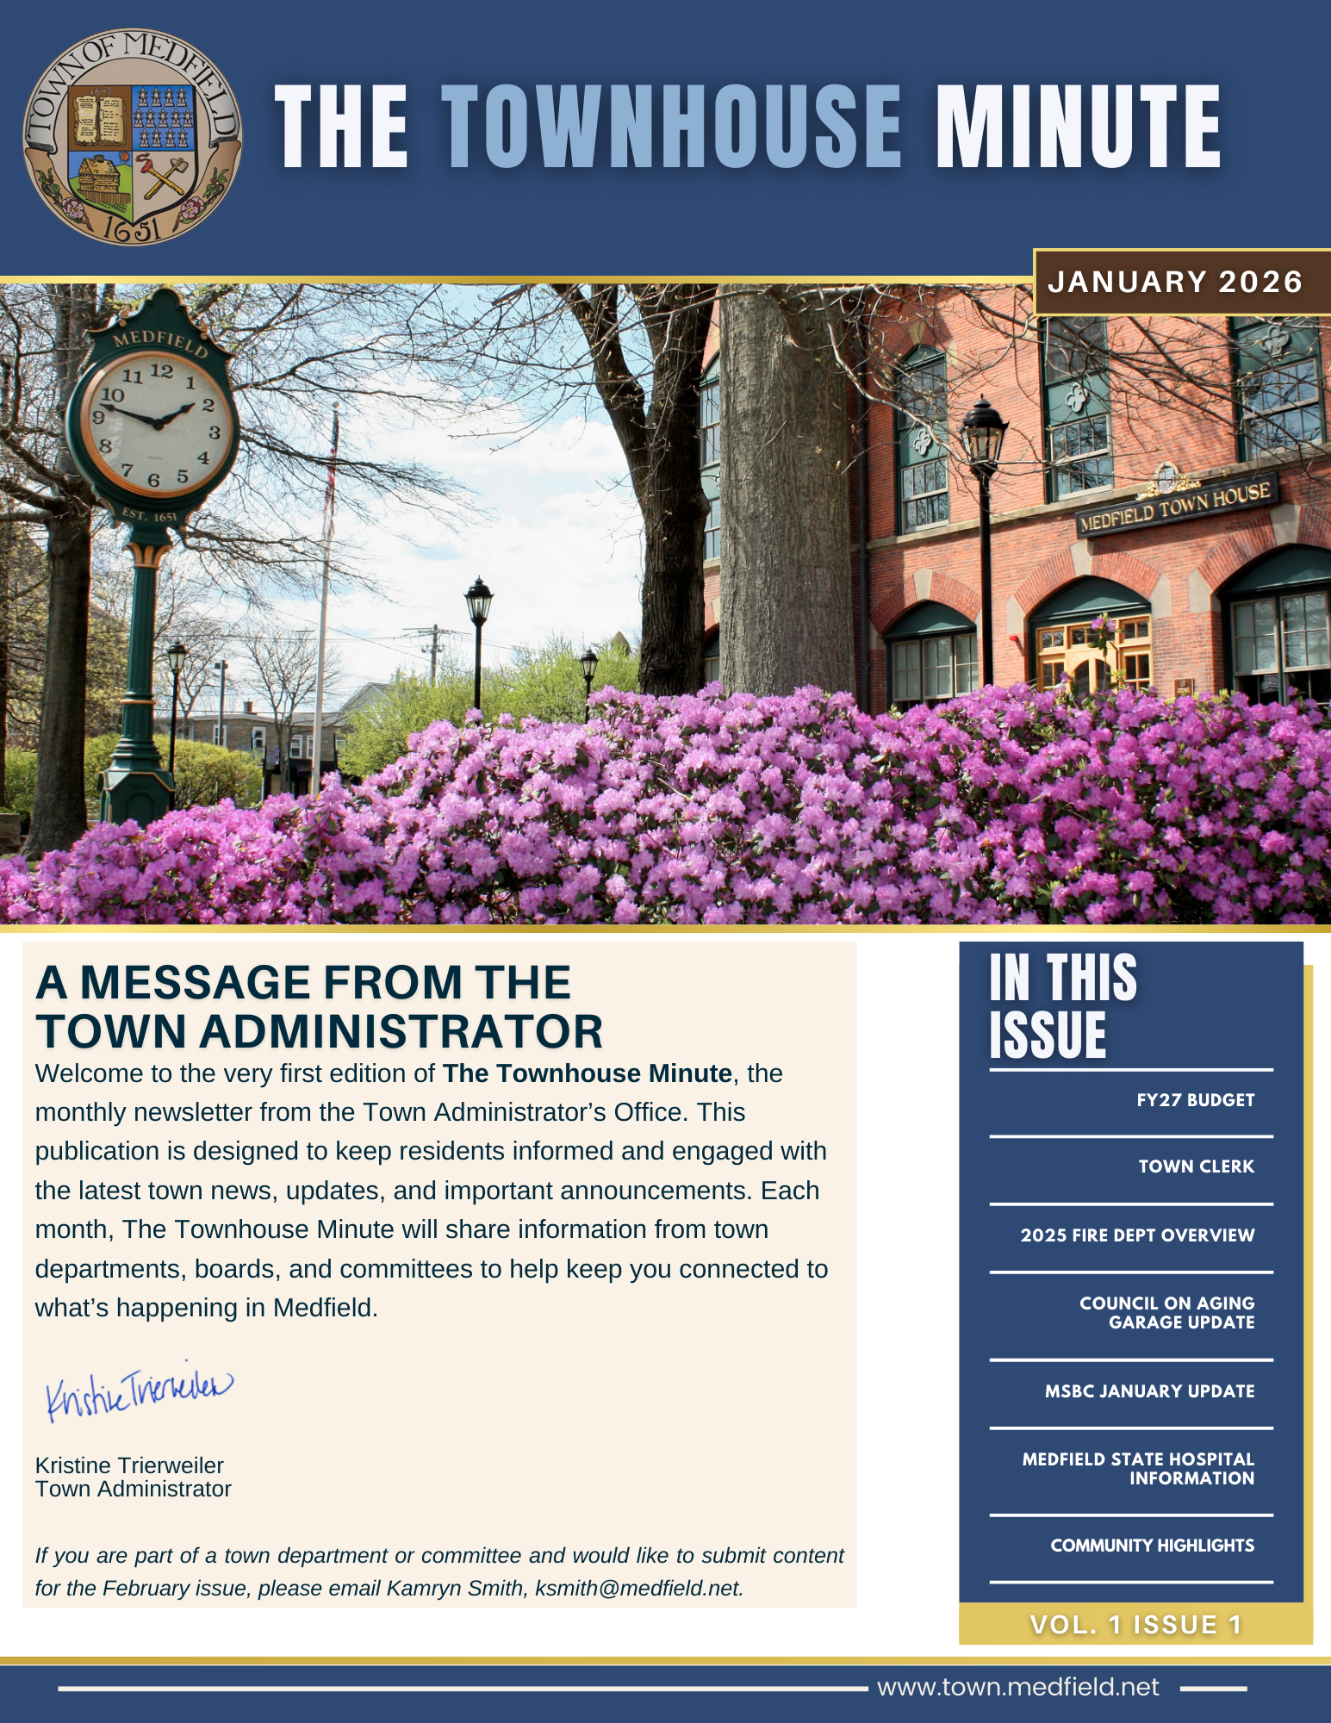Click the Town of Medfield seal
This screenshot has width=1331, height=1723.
[132, 137]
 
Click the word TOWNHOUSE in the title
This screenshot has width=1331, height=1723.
[671, 128]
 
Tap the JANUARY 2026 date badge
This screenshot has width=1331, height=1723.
[1175, 283]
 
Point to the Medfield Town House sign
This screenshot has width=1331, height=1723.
[1175, 507]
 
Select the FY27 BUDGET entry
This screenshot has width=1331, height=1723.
[1195, 1100]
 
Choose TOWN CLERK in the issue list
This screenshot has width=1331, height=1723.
[1196, 1166]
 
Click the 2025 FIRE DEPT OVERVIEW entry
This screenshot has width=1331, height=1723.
[1137, 1235]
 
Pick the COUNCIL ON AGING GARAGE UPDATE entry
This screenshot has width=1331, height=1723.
[1167, 1313]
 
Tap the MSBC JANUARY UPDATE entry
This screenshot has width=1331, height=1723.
[1149, 1391]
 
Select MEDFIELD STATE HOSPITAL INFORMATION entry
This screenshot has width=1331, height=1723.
[1138, 1469]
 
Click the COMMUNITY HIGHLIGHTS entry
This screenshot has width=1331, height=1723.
[1152, 1546]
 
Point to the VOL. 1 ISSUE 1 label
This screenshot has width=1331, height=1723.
[1135, 1625]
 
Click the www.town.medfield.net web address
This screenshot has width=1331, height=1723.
[1017, 1687]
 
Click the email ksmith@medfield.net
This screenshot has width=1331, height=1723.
[638, 1588]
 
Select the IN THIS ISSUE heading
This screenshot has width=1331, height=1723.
[1063, 1005]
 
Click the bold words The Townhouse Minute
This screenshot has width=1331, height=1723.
[587, 1073]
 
